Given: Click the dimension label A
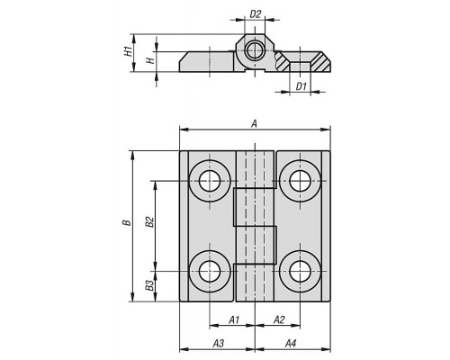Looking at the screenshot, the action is (254, 123).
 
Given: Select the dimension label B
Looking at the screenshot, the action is (127, 222).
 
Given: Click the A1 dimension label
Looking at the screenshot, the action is (234, 319).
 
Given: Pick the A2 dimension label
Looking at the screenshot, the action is (279, 319).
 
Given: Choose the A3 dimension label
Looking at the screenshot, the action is (219, 343).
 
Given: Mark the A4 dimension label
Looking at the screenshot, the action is (291, 343).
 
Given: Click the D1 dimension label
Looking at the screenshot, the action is (301, 86).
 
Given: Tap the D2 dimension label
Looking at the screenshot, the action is (256, 13).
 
